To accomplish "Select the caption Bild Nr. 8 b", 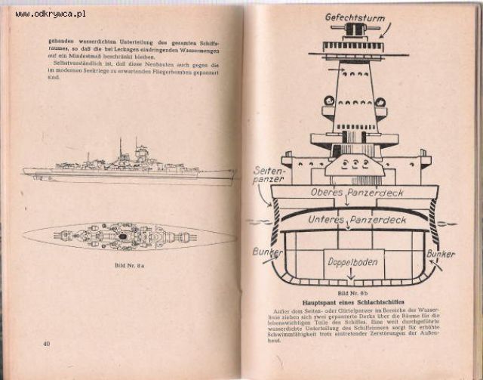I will click(353, 291).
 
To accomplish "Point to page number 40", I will click(47, 344).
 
